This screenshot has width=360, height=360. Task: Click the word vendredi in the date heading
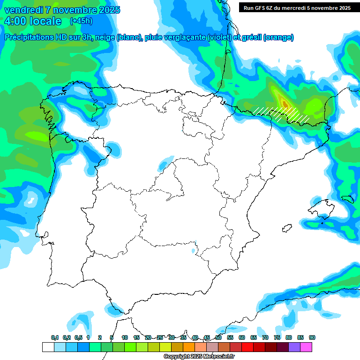22,10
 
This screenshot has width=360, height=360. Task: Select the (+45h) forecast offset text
81,21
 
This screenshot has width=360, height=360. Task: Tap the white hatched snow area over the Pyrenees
281,114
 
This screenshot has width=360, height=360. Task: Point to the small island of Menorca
347,199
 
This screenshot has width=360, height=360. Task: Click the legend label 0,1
54,337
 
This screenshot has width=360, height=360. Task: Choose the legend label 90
312,337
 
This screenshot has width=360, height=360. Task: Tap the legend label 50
218,337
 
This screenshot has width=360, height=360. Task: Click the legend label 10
125,337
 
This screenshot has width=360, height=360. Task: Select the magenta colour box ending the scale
306,347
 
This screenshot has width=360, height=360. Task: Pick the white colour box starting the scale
48,347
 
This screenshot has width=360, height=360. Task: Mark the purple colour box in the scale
294,347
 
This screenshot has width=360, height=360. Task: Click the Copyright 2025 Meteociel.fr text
199,356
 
